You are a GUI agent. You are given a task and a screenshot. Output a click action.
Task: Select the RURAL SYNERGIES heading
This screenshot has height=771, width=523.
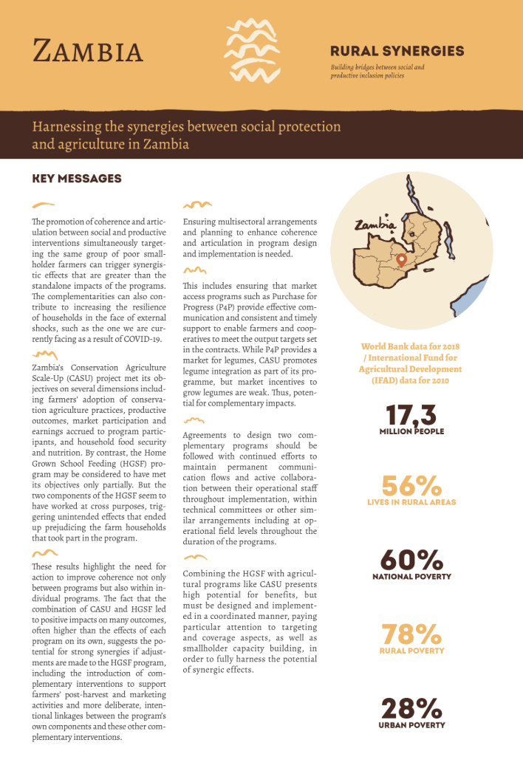(397, 51)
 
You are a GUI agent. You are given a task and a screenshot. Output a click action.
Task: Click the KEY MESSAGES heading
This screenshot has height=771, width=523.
(77, 179)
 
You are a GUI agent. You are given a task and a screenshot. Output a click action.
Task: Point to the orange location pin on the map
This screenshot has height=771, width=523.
(401, 259)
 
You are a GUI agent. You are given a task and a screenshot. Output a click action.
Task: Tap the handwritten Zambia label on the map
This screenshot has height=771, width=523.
(375, 225)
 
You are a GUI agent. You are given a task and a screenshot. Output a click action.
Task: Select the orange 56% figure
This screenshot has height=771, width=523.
(411, 486)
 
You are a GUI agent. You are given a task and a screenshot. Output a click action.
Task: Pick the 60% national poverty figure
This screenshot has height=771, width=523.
(411, 560)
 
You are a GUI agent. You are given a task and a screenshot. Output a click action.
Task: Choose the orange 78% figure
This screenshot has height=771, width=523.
(411, 634)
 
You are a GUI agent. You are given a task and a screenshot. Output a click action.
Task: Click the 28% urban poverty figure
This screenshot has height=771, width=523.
(411, 708)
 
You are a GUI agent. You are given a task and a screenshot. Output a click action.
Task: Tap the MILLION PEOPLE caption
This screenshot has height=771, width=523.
(411, 431)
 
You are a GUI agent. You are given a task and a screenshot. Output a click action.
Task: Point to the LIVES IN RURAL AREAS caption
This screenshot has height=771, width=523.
(411, 502)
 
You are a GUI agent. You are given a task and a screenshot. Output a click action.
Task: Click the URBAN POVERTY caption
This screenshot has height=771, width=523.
(411, 725)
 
